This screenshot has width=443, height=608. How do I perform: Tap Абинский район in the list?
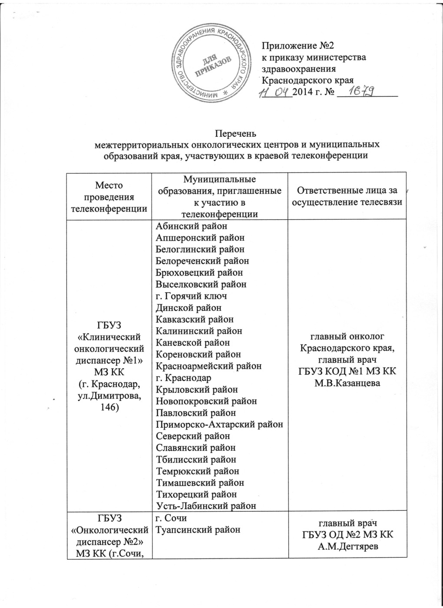pyautogui.click(x=192, y=226)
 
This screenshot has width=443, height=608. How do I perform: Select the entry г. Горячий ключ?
pyautogui.click(x=191, y=296)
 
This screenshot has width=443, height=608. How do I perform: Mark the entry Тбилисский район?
pyautogui.click(x=196, y=459)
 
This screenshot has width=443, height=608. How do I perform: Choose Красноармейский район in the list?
pyautogui.click(x=208, y=366)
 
